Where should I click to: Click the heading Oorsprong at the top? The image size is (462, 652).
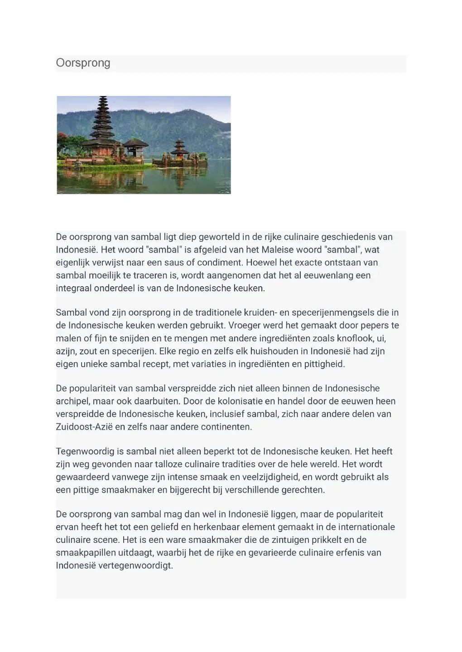point(83,63)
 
